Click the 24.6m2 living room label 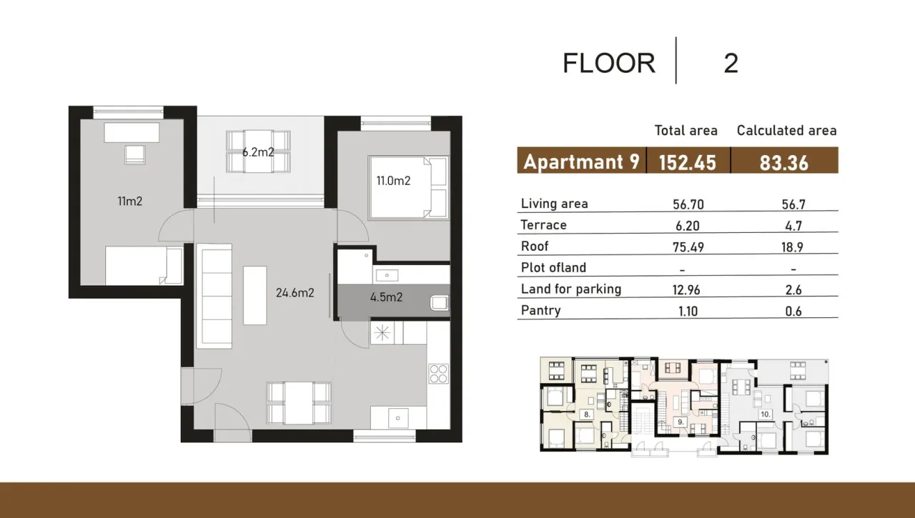pos(295,292)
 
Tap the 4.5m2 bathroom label pos(386,297)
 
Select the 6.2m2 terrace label pos(258,151)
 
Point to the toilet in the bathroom pos(439,303)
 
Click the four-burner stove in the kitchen pos(437,374)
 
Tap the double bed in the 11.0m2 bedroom pos(408,186)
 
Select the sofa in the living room pos(214,295)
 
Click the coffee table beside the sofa pos(254,295)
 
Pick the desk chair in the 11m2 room pos(134,154)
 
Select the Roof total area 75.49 pos(688,246)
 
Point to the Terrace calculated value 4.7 pos(793,226)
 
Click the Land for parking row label pos(570,289)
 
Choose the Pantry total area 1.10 pos(688,311)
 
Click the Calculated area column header pos(786,130)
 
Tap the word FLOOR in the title pos(608,64)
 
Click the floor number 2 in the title pos(731,64)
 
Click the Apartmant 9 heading pos(581,161)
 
